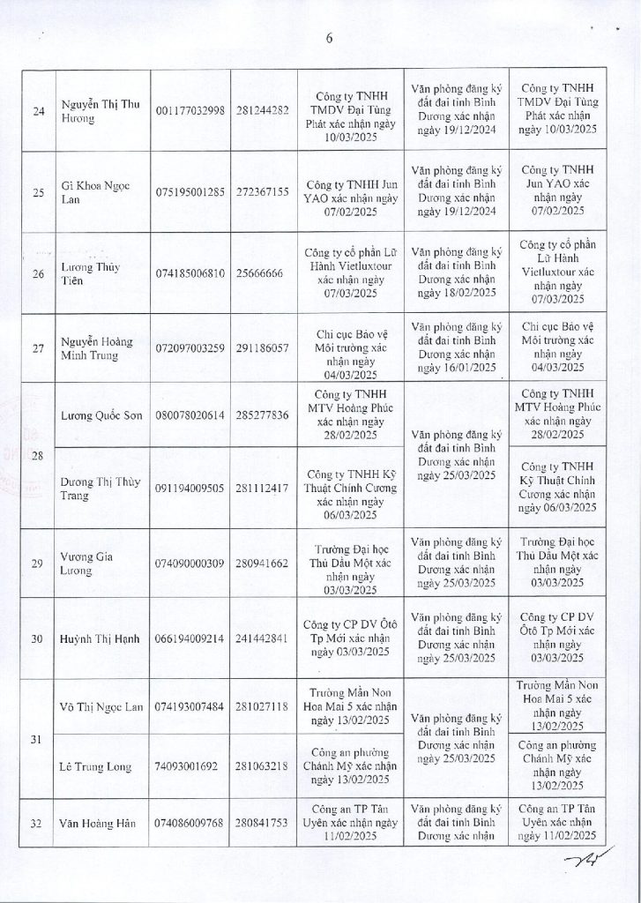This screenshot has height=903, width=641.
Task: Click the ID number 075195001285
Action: tap(190, 190)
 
